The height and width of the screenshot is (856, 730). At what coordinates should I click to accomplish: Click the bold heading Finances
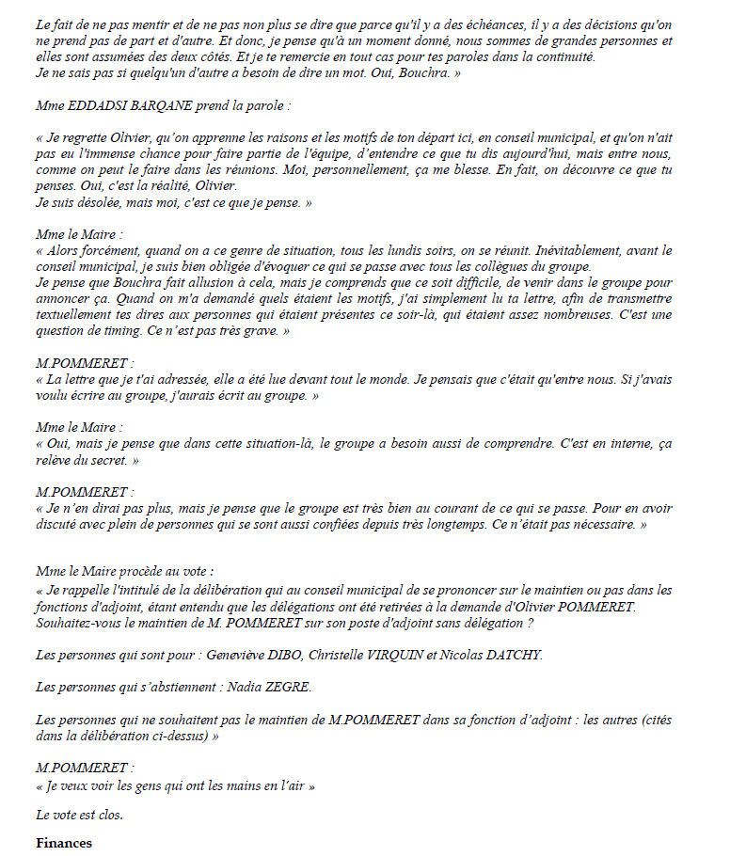[64, 843]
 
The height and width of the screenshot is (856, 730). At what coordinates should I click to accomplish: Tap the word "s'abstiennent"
[178, 688]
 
